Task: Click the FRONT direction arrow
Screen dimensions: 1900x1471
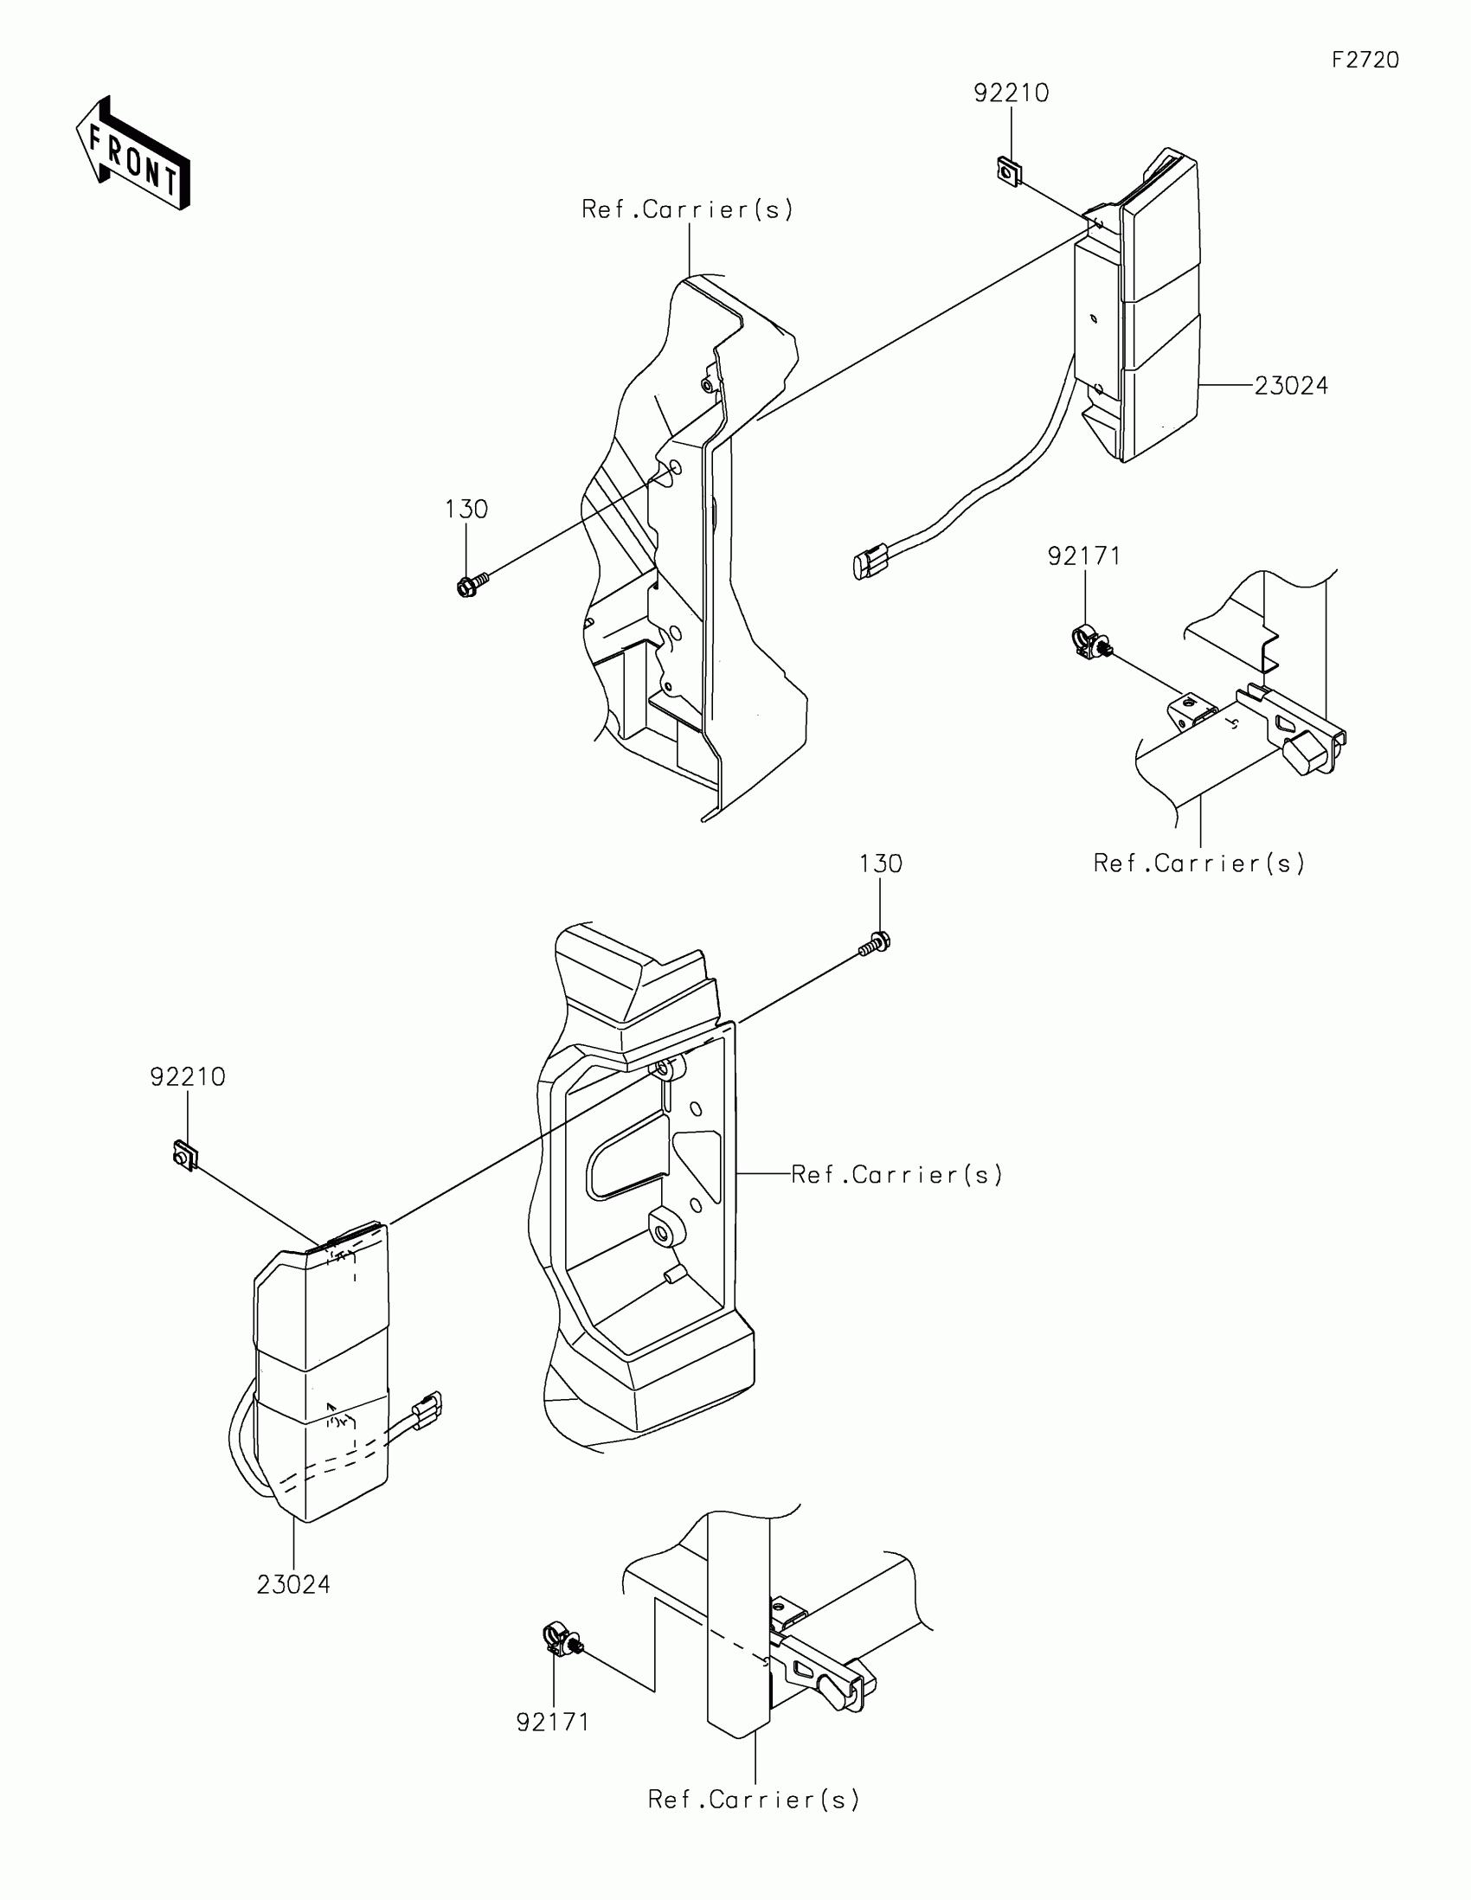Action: click(134, 154)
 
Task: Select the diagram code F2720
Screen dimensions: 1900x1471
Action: click(1365, 60)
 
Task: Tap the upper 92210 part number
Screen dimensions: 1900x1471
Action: click(1011, 93)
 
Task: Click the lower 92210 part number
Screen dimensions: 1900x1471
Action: click(188, 1077)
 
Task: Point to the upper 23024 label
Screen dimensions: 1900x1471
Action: click(1291, 385)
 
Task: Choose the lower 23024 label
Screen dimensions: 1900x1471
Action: click(293, 1584)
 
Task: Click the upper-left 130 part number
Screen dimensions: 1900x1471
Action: click(466, 509)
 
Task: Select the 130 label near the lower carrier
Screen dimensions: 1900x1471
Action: click(880, 863)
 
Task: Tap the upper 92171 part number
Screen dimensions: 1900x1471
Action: click(1084, 556)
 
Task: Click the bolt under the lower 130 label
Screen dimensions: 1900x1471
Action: click(877, 943)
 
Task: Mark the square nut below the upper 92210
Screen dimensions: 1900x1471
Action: click(1008, 170)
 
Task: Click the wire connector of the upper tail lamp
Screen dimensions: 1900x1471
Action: click(870, 562)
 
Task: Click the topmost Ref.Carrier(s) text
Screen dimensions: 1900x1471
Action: click(687, 209)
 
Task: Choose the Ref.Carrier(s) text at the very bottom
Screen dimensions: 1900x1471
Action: click(754, 1799)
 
